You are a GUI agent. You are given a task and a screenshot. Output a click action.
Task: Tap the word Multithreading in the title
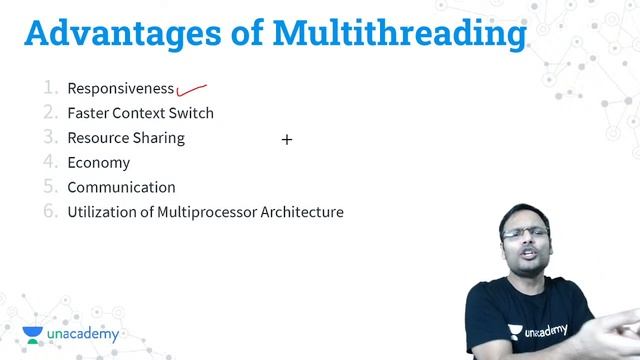401,33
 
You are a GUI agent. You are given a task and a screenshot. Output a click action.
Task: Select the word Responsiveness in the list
120,88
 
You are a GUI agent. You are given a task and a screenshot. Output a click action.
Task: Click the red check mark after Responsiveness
192,92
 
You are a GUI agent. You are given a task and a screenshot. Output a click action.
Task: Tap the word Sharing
160,138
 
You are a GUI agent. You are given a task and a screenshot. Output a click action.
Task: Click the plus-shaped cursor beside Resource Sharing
287,140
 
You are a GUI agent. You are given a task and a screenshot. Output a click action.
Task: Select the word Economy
98,163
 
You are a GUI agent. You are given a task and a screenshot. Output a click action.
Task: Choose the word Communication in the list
121,187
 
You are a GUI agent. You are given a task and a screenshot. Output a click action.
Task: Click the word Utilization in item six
102,212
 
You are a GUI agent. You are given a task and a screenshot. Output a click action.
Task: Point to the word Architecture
302,212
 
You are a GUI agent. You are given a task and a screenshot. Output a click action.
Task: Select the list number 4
50,162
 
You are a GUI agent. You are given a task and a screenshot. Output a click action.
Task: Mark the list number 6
50,211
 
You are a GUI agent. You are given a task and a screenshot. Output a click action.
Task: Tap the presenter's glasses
527,234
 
